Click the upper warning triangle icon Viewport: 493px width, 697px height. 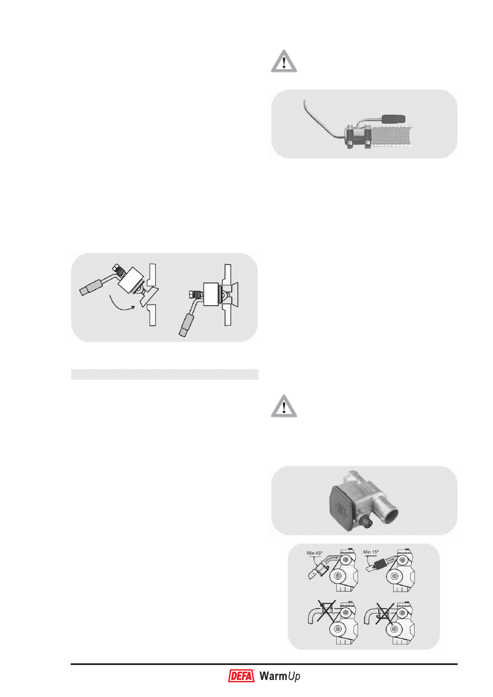[284, 61]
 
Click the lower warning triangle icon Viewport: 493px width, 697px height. [284, 406]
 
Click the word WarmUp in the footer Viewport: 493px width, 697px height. [279, 676]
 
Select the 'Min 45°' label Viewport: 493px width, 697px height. [314, 553]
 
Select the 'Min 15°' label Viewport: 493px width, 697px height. [370, 552]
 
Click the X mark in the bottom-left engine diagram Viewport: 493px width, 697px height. [326, 611]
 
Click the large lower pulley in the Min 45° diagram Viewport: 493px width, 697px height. [337, 576]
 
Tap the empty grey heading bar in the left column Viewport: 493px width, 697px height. [165, 374]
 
